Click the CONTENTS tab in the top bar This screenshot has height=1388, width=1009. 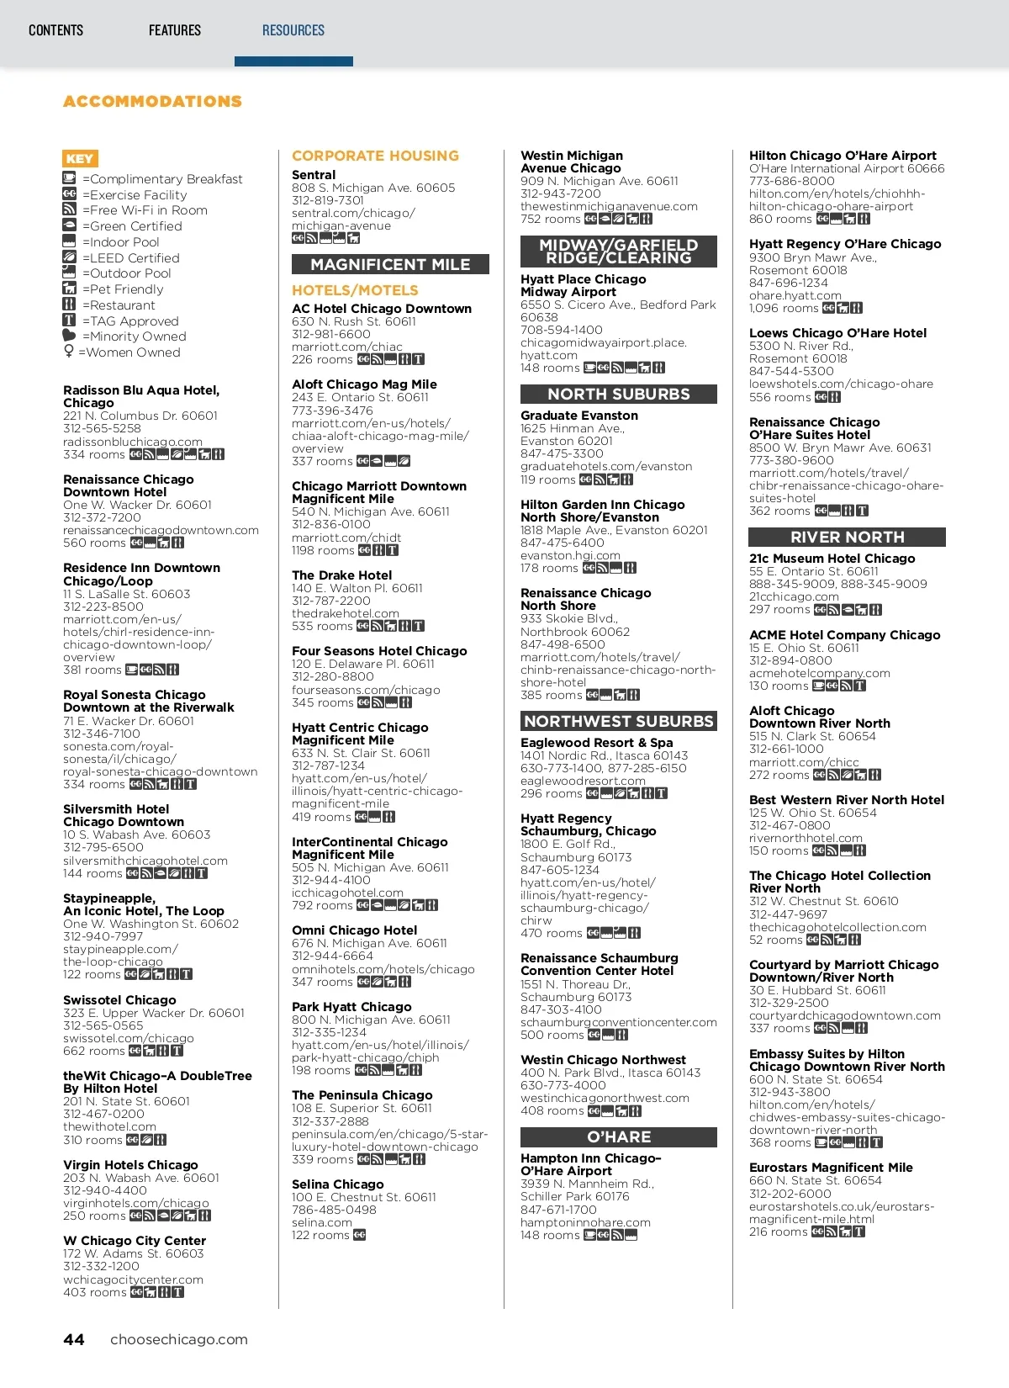[55, 31]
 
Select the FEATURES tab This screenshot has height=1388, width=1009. [175, 31]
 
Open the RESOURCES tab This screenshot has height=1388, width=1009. [293, 31]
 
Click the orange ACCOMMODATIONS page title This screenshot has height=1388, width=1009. [152, 102]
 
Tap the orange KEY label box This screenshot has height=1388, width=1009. [80, 158]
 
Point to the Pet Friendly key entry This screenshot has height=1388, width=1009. [123, 289]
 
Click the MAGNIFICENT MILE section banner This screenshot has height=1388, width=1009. [390, 265]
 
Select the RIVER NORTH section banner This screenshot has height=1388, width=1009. [847, 538]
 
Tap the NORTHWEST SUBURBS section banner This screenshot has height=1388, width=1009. [619, 722]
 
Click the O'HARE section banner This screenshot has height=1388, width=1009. [619, 1137]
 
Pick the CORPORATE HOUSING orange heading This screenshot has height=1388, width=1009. [375, 156]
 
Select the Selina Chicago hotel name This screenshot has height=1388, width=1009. [337, 1184]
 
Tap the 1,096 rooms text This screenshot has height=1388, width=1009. [783, 309]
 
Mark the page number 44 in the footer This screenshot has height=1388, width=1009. [74, 1340]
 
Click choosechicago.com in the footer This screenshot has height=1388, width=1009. [179, 1340]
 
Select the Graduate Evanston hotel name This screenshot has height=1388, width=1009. [578, 416]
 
